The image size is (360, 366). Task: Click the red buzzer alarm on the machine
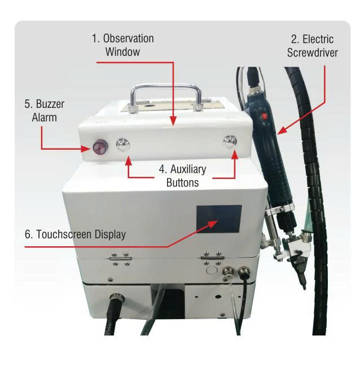pos(100,147)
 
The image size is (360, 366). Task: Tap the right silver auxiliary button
pos(230,141)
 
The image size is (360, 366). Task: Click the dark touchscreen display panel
pos(219,219)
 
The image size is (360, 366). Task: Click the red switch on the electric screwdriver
pos(264,116)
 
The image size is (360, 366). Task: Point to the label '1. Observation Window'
pos(123,45)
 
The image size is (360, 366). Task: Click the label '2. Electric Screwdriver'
pos(313,46)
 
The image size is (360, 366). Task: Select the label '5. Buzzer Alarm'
pos(45,111)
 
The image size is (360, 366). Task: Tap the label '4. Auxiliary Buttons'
pos(183,176)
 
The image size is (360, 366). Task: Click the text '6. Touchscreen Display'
pos(75,234)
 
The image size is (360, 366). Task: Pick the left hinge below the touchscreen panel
pos(121,259)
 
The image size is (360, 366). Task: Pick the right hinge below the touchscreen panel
pos(212,258)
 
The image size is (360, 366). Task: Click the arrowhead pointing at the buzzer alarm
pos(85,149)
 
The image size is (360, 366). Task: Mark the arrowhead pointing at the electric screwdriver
pos(282,130)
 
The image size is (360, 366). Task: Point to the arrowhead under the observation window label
pos(173,121)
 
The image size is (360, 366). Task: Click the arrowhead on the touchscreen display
pos(212,223)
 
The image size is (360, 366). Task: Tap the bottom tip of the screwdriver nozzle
pos(304,289)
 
